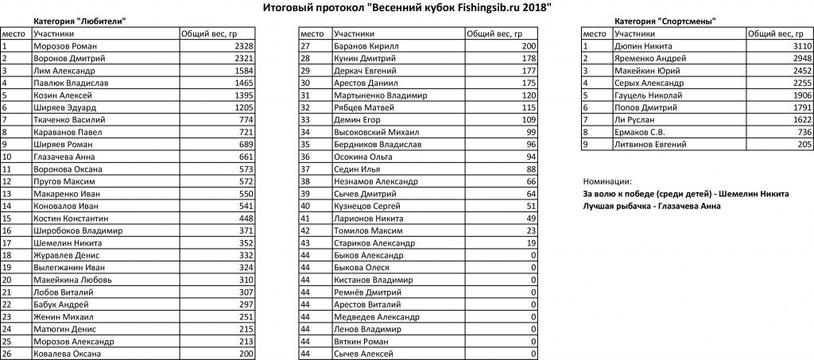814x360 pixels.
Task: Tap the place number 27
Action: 305,47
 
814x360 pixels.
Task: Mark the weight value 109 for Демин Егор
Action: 528,120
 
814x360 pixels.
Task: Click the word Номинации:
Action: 607,181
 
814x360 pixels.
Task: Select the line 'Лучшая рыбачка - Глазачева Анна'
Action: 652,207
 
